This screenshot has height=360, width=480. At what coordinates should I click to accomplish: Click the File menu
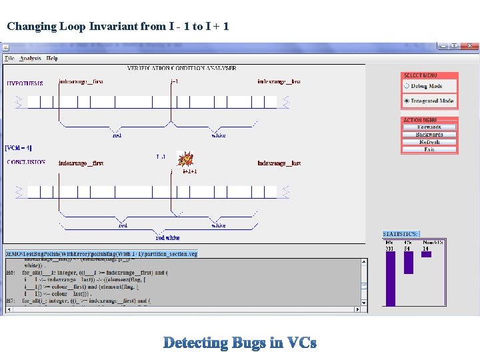tap(9, 59)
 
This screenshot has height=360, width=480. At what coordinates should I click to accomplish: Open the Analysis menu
tap(30, 59)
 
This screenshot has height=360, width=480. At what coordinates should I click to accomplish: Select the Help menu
tap(52, 59)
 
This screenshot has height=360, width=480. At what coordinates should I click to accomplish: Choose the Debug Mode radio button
tap(407, 86)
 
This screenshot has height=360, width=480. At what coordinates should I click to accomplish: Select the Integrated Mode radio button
tap(407, 101)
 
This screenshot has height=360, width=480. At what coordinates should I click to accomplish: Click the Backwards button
tap(429, 135)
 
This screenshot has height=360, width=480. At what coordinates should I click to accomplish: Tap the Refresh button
tap(429, 142)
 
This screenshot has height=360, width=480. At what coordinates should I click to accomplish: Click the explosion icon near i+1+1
tap(186, 159)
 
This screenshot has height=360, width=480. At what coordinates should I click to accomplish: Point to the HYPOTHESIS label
tap(25, 83)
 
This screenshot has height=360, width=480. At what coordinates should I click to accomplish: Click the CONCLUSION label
tap(27, 162)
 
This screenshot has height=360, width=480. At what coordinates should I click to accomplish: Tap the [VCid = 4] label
tap(19, 148)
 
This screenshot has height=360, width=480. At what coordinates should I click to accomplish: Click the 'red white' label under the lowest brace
tap(167, 237)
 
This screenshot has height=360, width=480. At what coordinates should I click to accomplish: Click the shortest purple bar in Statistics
tap(427, 254)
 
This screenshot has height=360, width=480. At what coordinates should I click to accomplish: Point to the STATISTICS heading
tap(401, 234)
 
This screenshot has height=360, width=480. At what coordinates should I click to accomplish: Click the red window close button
tap(472, 45)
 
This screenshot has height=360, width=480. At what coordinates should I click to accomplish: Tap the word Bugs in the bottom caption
tap(249, 343)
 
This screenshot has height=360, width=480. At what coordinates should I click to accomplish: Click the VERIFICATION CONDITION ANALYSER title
tap(182, 68)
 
